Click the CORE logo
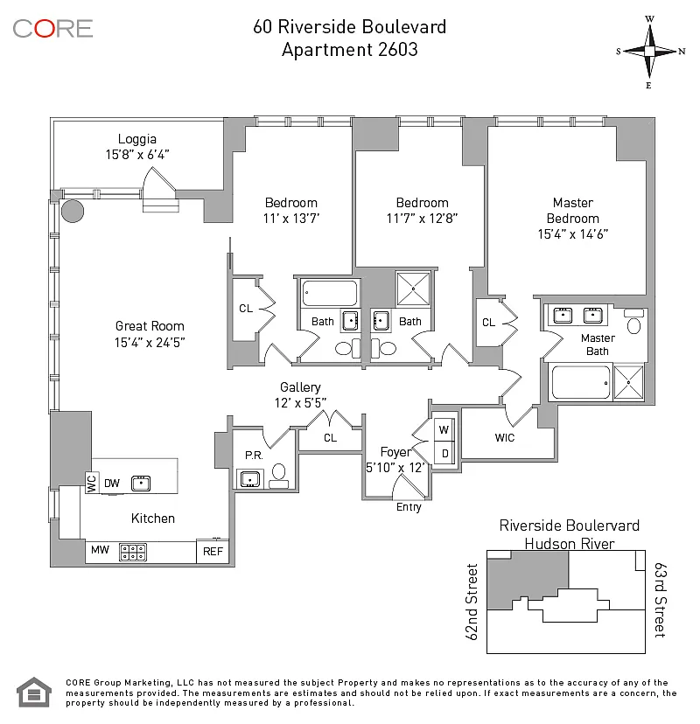coord(52,29)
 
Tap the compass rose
coord(649,52)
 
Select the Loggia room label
coord(136,139)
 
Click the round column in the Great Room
coord(73,211)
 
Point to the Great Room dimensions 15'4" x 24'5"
coord(150,342)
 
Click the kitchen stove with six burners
coord(133,552)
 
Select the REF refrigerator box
coord(213,551)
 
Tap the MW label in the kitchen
coord(100,550)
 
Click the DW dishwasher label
coord(112,484)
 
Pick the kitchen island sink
coord(141,484)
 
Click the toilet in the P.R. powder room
coord(278,476)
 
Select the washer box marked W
coord(444,430)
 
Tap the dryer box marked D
coord(444,453)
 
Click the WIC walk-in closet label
coord(504,438)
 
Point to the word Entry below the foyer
coord(409,507)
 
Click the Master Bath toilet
coord(633,322)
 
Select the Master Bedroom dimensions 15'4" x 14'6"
coord(572,234)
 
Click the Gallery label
coord(300,387)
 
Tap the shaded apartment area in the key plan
coord(528,577)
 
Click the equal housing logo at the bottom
coord(34,692)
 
